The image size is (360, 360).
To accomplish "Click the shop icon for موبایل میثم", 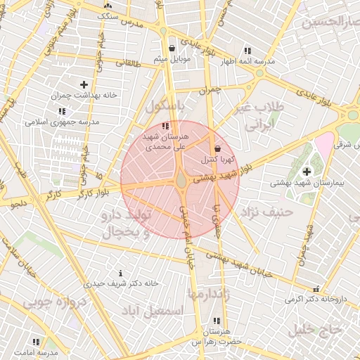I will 172,49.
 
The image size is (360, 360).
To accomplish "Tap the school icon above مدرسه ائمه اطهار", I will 247,51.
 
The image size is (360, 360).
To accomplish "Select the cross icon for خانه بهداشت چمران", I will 84,84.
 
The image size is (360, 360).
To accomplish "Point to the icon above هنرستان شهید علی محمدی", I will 165,126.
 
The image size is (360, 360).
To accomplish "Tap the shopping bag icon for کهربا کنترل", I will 217,149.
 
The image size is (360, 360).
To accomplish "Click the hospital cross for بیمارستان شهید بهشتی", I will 307,172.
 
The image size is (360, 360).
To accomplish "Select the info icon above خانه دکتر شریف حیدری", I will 121,273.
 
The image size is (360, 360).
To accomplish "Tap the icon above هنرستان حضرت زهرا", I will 214,321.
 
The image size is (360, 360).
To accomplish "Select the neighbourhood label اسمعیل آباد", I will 153,310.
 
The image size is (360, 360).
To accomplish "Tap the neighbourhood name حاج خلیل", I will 319,328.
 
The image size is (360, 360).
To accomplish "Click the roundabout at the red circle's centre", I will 181,180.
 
